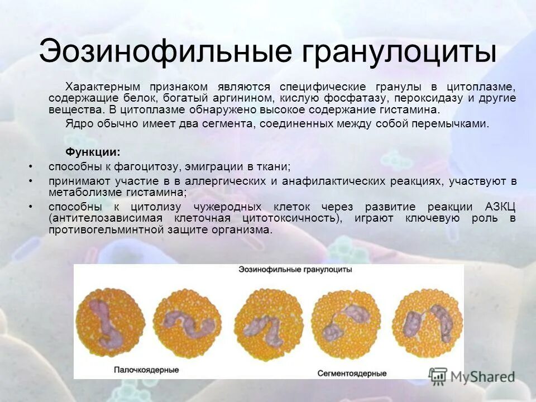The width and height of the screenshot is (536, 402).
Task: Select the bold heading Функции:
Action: coord(93,152)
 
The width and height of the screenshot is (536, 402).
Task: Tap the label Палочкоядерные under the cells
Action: coord(147,370)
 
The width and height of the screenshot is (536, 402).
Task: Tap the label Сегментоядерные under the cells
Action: coord(352,372)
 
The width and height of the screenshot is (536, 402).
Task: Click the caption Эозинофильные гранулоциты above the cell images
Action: coord(295,270)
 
